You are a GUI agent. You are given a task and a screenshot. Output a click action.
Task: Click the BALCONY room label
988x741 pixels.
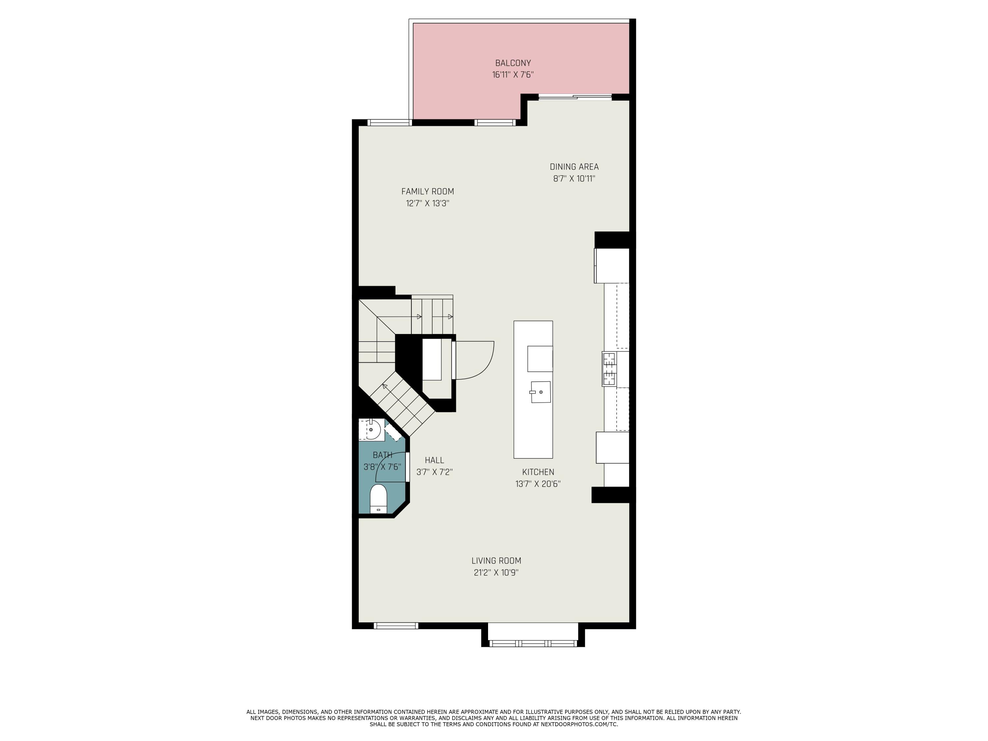513,63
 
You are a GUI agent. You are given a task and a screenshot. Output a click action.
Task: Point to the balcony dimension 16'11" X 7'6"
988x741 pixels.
513,74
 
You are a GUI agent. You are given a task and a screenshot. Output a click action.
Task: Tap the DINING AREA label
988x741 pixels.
574,167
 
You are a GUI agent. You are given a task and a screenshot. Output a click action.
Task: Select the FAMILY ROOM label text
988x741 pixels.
427,191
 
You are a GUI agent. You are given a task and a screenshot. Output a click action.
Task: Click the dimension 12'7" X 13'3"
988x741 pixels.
427,203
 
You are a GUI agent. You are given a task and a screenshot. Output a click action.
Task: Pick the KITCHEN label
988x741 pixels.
538,472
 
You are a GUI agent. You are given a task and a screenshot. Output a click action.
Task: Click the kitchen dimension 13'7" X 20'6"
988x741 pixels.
538,484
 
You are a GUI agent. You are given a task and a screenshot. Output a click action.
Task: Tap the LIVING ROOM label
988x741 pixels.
496,561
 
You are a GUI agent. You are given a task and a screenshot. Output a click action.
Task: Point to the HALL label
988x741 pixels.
434,460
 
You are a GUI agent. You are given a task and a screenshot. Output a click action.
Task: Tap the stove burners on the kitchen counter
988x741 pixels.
609,369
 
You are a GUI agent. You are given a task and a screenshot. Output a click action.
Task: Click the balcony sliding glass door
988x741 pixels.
575,97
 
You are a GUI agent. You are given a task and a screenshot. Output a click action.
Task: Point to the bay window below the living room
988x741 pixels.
533,643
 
